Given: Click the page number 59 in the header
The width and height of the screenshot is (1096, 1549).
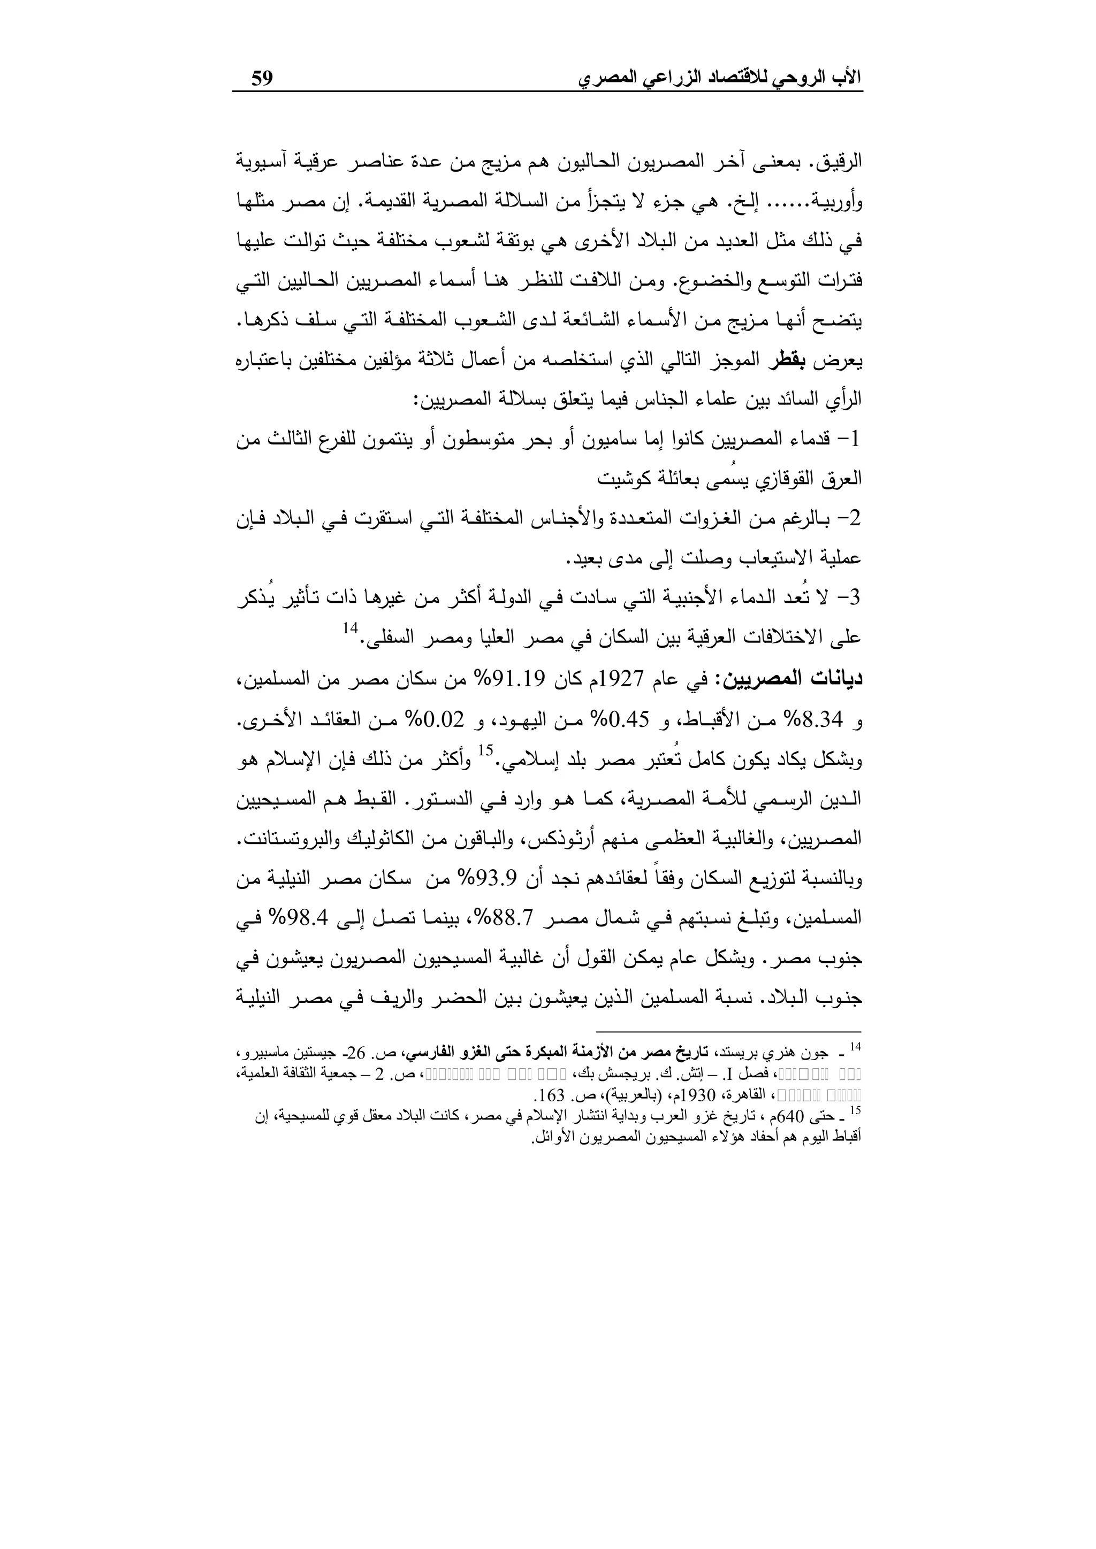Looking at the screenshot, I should click(x=262, y=78).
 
